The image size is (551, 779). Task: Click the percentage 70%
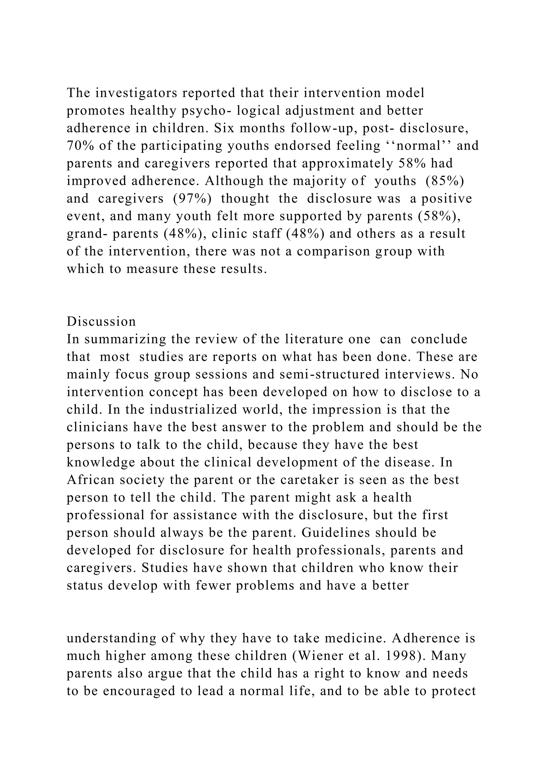(x=78, y=146)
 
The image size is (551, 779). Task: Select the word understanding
(x=111, y=639)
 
